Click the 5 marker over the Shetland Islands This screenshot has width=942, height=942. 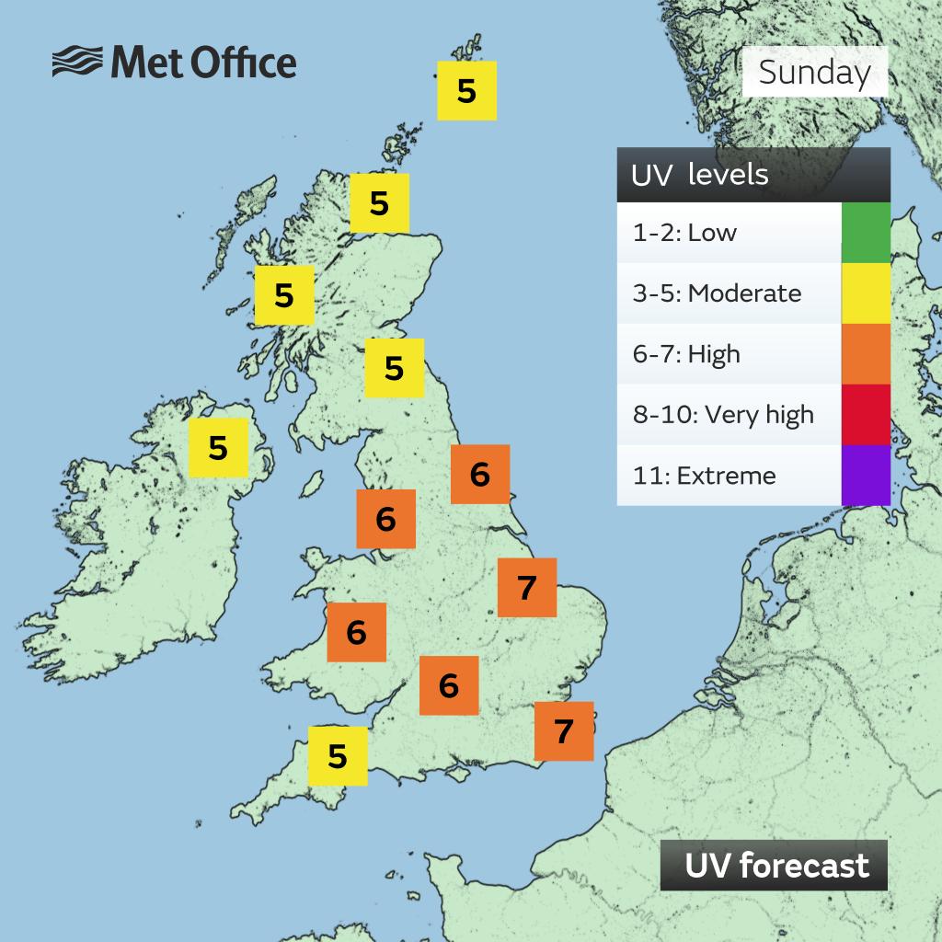(466, 90)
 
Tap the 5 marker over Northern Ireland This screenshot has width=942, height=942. (218, 448)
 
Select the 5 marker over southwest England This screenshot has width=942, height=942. (338, 756)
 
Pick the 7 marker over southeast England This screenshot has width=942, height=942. (564, 731)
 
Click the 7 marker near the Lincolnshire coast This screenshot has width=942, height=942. (527, 587)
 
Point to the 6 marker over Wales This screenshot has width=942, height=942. (356, 632)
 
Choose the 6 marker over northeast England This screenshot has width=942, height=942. (479, 475)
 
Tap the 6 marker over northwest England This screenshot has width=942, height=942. (385, 519)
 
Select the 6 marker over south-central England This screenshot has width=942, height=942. (448, 685)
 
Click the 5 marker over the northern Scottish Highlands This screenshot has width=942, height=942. (379, 202)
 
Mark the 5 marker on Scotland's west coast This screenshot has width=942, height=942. (284, 295)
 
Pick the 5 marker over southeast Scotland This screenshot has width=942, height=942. (394, 368)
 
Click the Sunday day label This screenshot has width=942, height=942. (814, 72)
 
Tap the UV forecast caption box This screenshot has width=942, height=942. (774, 865)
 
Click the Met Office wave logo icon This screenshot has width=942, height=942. (76, 63)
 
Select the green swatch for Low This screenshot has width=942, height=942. (866, 233)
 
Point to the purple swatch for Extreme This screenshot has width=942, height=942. (866, 475)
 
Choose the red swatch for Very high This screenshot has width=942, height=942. (866, 414)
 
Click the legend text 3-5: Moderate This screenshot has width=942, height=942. (717, 293)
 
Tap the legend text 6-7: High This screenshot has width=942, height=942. (686, 354)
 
